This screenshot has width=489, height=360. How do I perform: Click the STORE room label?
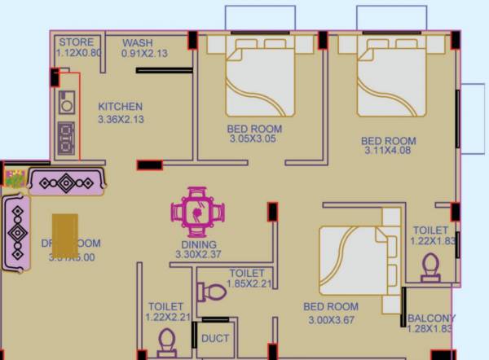pyautogui.click(x=77, y=42)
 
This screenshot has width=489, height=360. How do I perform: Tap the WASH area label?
pyautogui.click(x=137, y=42)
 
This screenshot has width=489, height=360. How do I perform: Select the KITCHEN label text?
pyautogui.click(x=121, y=107)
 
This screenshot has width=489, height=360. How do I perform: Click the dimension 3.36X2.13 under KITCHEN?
pyautogui.click(x=121, y=119)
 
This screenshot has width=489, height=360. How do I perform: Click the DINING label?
pyautogui.click(x=199, y=244)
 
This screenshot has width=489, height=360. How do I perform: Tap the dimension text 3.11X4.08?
pyautogui.click(x=389, y=151)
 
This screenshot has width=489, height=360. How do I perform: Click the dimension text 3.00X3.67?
pyautogui.click(x=331, y=319)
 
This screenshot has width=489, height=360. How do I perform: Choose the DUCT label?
pyautogui.click(x=215, y=338)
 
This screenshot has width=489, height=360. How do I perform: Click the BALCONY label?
pyautogui.click(x=431, y=318)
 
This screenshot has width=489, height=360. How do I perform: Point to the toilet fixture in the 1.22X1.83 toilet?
pyautogui.click(x=430, y=266)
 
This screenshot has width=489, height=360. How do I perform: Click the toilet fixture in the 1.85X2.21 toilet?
pyautogui.click(x=213, y=291)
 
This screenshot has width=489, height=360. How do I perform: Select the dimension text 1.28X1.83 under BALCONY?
pyautogui.click(x=431, y=329)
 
